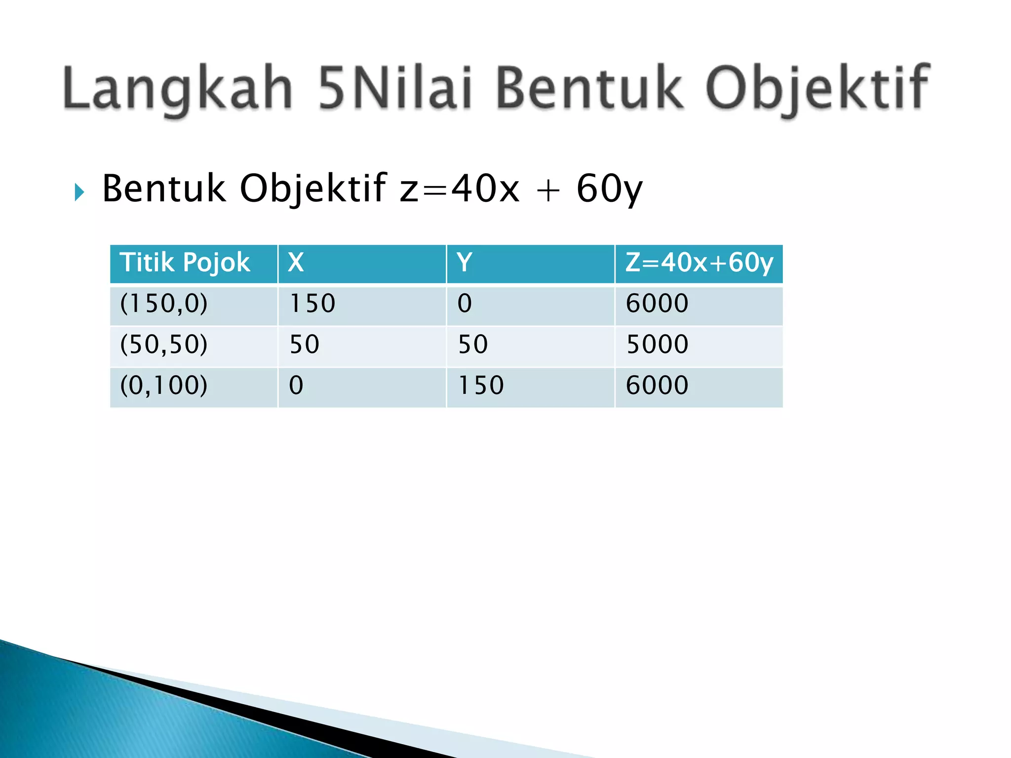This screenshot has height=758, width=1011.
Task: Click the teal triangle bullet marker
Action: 79,192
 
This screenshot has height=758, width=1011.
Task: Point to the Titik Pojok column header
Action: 185,263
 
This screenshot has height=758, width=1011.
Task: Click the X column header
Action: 296,263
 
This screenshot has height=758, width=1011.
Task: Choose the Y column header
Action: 465,263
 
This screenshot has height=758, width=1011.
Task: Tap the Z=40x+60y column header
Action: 699,263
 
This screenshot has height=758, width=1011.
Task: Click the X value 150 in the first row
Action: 312,303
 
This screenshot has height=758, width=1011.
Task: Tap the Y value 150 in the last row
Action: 481,385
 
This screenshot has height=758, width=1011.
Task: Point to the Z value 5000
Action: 657,344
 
